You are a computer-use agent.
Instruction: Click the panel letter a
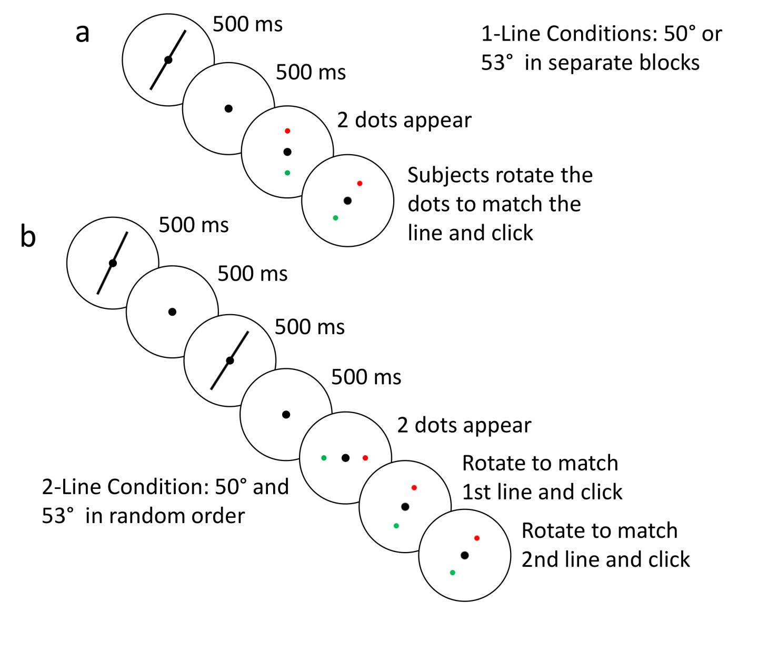pos(83,34)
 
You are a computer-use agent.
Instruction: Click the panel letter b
pos(28,237)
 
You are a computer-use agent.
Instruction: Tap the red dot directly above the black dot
pos(287,131)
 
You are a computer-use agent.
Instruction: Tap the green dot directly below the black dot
pos(287,173)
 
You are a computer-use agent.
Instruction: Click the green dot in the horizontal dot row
pos(324,458)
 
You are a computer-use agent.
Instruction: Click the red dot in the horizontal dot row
pos(365,458)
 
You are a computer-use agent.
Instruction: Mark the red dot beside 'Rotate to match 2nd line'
pos(476,538)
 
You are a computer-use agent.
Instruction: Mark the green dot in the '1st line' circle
pos(396,525)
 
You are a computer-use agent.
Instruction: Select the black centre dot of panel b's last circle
pos(464,555)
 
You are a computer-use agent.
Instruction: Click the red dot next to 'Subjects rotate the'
pos(360,183)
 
